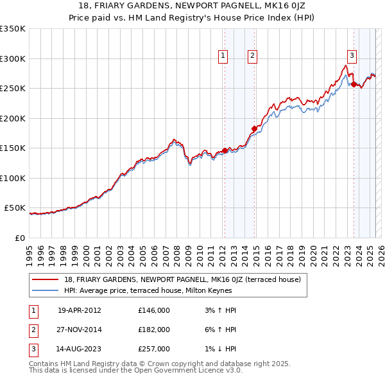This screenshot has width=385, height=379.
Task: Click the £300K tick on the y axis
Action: (13, 58)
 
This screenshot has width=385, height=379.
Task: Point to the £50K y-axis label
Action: (15, 208)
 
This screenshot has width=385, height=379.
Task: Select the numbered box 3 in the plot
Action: (352, 55)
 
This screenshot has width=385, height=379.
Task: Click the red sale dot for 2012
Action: (225, 150)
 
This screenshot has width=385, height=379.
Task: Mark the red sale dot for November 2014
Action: (254, 129)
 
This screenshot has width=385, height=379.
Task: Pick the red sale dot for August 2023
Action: (354, 84)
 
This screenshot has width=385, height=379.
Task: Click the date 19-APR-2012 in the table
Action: (80, 310)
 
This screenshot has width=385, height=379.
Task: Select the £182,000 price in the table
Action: (153, 330)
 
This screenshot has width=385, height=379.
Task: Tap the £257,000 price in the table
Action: (153, 349)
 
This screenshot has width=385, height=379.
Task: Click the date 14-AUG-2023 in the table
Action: (80, 349)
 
